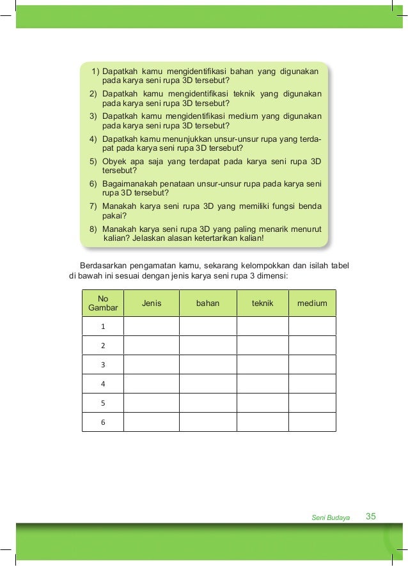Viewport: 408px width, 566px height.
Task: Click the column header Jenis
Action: (x=152, y=303)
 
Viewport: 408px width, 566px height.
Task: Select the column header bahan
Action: (x=208, y=303)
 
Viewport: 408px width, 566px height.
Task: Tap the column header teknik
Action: (x=262, y=303)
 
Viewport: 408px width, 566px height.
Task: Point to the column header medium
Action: (x=312, y=303)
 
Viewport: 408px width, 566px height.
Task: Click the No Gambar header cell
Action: (x=102, y=303)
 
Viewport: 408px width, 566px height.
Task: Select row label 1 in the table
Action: (x=102, y=326)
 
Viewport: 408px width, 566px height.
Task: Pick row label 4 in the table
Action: (x=102, y=384)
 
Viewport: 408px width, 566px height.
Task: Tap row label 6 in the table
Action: (x=102, y=422)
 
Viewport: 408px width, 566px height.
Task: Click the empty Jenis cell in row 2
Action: (x=152, y=346)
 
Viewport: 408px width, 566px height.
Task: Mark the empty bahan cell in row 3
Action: (x=208, y=365)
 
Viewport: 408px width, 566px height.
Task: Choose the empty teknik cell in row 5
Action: (x=262, y=403)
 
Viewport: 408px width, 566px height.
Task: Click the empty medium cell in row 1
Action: (x=312, y=326)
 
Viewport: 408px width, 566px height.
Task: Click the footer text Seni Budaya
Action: (x=331, y=517)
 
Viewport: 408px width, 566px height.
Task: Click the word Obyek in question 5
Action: (x=115, y=162)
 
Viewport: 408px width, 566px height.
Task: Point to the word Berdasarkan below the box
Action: (x=99, y=266)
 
